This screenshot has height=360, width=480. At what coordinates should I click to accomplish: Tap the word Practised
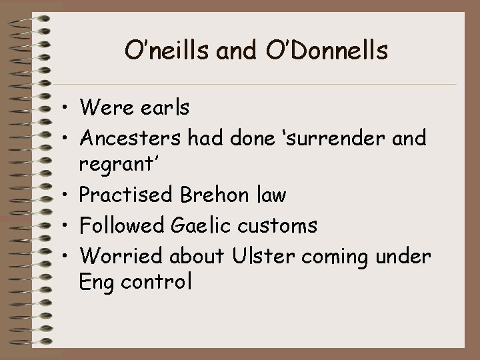coord(127,195)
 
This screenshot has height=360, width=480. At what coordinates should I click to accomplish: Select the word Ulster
coord(255,256)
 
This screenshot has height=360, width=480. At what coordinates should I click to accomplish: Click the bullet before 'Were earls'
coord(68,107)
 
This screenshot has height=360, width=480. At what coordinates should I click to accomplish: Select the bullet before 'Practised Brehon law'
coord(68,196)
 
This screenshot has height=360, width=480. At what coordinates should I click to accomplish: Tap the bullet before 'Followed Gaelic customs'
coord(68,227)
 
